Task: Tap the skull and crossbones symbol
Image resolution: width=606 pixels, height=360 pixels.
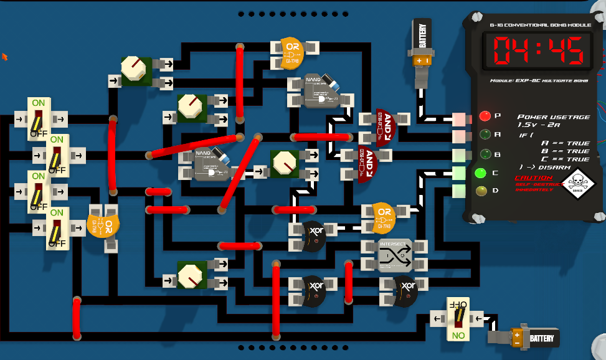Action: pyautogui.click(x=577, y=182)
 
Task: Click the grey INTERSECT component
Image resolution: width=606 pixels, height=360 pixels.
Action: pyautogui.click(x=395, y=255)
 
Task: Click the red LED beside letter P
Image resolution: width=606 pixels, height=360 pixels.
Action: pyautogui.click(x=485, y=116)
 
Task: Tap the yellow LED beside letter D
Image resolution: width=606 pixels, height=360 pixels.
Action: pyautogui.click(x=481, y=191)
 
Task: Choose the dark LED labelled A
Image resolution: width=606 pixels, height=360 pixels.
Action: pyautogui.click(x=483, y=134)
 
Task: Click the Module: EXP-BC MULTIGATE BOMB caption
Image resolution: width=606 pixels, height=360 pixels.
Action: pyautogui.click(x=538, y=82)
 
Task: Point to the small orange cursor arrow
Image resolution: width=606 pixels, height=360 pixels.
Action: pyautogui.click(x=5, y=57)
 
